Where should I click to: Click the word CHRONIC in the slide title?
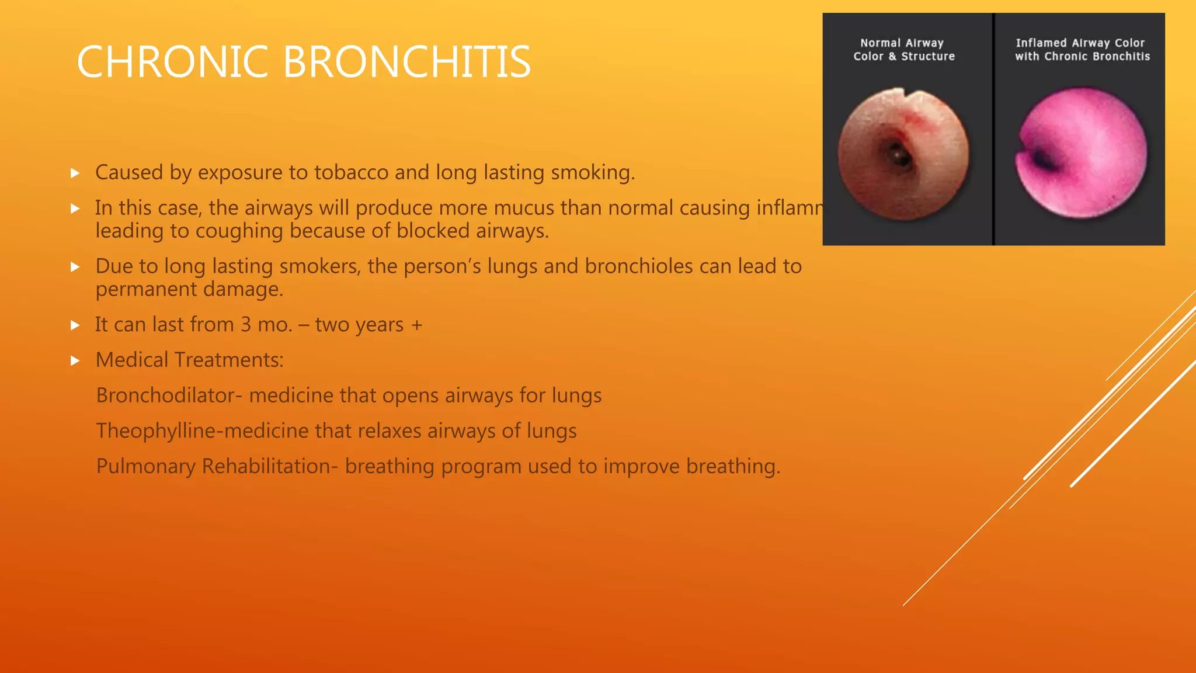click(172, 62)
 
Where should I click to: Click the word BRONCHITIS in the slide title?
click(407, 62)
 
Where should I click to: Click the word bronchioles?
click(639, 266)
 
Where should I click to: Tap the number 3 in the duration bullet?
click(246, 325)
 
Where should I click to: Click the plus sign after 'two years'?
click(416, 325)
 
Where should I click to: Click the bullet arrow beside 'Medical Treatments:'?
click(75, 361)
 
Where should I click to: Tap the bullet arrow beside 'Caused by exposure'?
click(75, 173)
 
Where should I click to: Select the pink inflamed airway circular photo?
click(1082, 153)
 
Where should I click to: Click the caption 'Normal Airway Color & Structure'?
click(903, 50)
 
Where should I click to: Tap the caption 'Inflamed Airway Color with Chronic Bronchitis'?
click(1082, 50)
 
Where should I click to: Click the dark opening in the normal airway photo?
click(899, 156)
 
